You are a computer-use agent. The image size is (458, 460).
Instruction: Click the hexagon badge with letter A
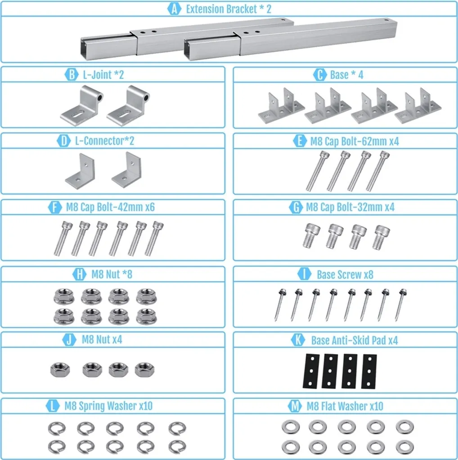tap(174, 9)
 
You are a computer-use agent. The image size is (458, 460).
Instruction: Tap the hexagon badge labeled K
tap(298, 340)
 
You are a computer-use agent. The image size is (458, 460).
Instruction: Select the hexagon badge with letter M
tap(295, 406)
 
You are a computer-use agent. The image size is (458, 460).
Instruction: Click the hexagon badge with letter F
tap(55, 207)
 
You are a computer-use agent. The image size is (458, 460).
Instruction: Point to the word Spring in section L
tap(92, 406)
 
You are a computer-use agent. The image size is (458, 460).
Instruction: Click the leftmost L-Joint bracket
tap(82, 105)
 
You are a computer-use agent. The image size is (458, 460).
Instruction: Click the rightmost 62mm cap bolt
tap(378, 171)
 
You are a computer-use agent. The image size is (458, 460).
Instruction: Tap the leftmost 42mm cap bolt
tap(63, 238)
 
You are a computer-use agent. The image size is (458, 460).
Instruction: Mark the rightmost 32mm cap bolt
tap(381, 237)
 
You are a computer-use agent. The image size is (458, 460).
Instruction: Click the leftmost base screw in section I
tap(280, 305)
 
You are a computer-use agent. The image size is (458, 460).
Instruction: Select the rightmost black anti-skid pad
tap(369, 372)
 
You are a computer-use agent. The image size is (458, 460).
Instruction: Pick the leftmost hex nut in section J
tap(60, 370)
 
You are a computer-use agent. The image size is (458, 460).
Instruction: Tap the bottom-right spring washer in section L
tap(177, 447)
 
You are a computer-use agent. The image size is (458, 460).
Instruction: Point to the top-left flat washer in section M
tap(291, 427)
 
